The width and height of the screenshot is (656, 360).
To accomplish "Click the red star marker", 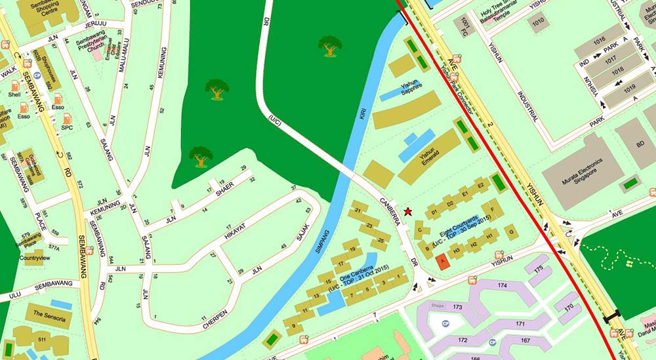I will pyautogui.click(x=408, y=211).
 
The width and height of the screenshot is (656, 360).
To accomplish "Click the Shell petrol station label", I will pyautogui.click(x=14, y=94).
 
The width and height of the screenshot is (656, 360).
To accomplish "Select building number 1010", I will pyautogui.click(x=538, y=22).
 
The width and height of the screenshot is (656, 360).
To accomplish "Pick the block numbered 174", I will pyautogui.click(x=503, y=286).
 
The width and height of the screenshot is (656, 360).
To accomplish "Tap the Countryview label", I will pyautogui.click(x=30, y=258).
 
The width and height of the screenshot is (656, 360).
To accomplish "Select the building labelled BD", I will pyautogui.click(x=636, y=144).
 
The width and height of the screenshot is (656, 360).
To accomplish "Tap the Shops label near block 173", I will pyautogui.click(x=438, y=306).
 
